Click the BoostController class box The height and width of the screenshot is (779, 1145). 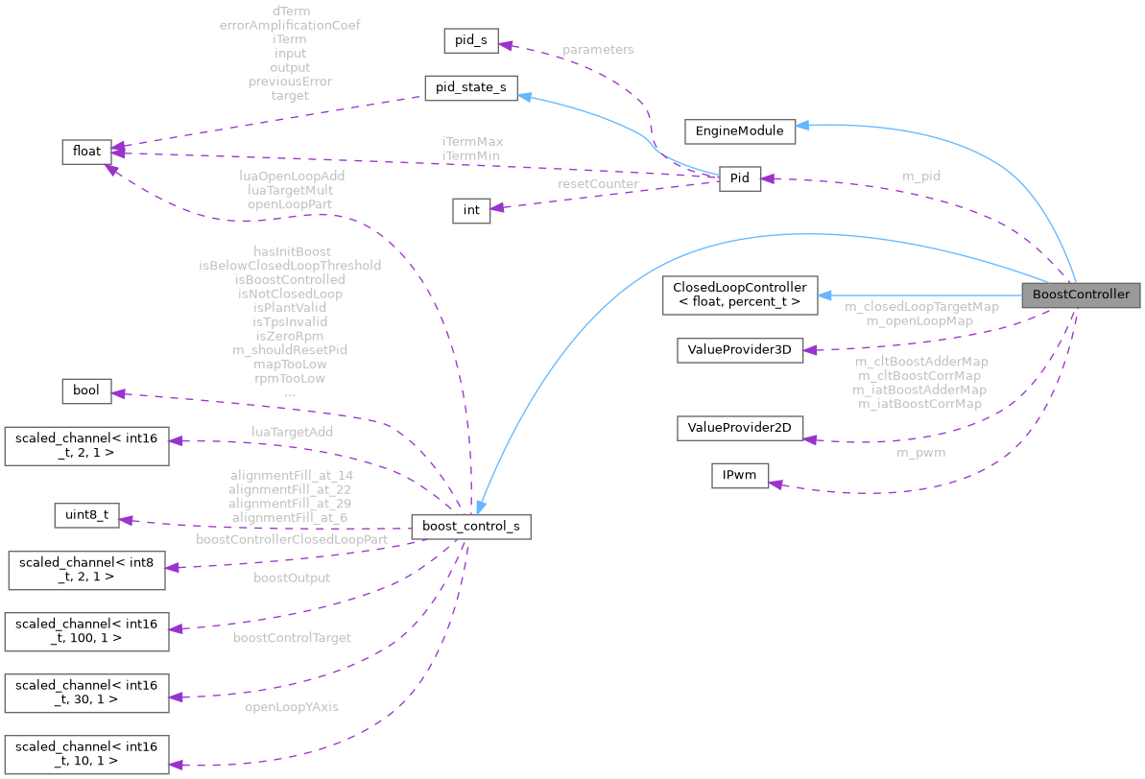click(1081, 295)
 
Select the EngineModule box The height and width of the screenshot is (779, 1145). click(739, 130)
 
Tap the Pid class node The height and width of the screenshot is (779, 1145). click(739, 178)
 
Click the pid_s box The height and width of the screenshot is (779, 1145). click(469, 41)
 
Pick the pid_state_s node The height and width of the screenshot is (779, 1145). click(470, 87)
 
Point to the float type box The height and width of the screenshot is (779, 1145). click(87, 152)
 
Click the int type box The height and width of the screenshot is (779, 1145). click(471, 209)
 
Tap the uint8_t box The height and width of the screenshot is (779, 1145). click(86, 516)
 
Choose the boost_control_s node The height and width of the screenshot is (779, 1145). click(470, 526)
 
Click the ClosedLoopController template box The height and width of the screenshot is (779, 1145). click(738, 295)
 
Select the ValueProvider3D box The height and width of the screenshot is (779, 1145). click(738, 349)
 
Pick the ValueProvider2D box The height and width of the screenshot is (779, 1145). click(738, 428)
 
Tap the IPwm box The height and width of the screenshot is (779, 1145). click(738, 475)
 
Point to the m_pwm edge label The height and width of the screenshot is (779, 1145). click(920, 452)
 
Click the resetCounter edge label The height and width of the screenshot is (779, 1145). click(598, 183)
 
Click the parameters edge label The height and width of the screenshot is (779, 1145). click(598, 49)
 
